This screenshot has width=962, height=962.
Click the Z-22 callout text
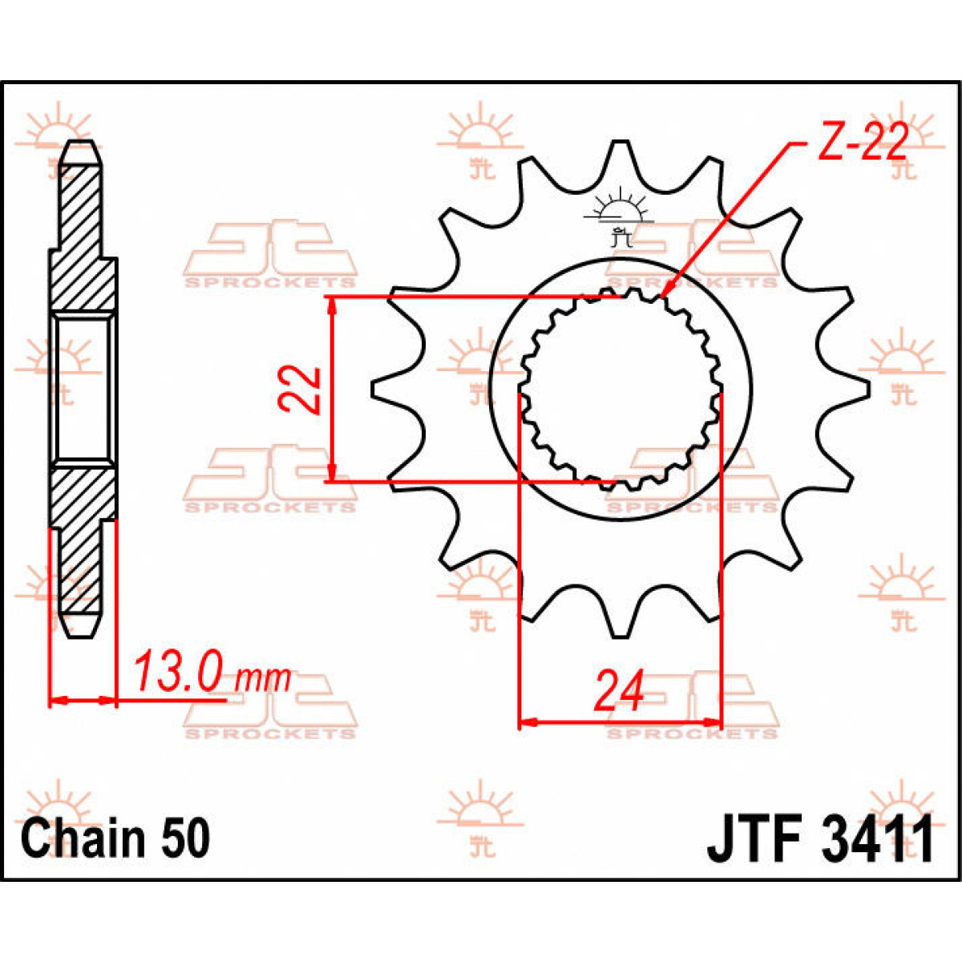click(863, 143)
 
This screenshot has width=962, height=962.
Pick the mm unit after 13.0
click(265, 680)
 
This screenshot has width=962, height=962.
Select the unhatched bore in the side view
click(83, 389)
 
